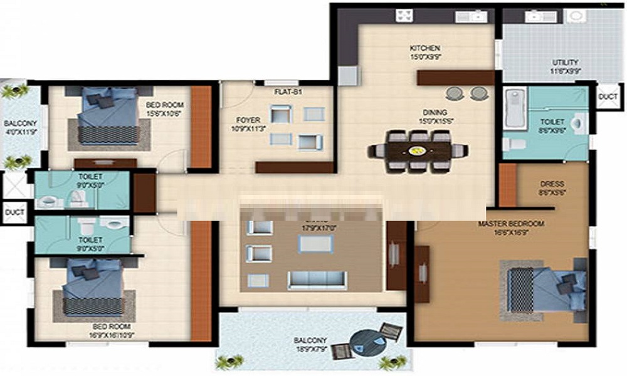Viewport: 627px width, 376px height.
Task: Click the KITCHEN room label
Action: point(424,48)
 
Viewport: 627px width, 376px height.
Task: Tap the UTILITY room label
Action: point(565,63)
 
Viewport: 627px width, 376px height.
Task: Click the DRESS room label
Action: point(552,184)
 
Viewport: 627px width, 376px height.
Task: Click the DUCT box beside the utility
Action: point(608,98)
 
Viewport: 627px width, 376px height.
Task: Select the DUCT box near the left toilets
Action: point(14,213)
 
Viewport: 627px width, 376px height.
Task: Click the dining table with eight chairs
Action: point(418,150)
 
